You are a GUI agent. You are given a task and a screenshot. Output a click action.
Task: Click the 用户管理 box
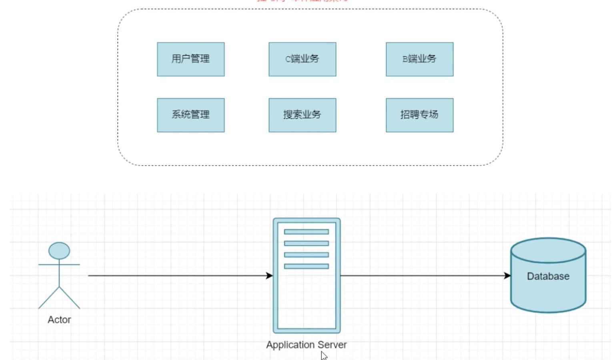(190, 59)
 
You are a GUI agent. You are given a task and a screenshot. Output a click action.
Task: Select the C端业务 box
(302, 59)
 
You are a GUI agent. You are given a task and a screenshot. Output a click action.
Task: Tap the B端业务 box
(419, 59)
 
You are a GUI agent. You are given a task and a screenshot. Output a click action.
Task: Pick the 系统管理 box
(190, 115)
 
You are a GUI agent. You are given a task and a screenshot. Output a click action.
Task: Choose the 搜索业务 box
(302, 115)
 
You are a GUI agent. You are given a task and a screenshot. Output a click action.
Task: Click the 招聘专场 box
(419, 115)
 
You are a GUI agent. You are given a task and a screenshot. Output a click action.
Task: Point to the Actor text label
(59, 320)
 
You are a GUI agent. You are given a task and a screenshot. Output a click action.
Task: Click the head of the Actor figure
(59, 251)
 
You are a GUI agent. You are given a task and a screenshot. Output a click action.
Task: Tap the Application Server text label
(306, 345)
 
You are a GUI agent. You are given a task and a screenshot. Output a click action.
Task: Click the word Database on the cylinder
(548, 276)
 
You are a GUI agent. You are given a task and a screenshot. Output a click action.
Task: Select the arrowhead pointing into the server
(270, 276)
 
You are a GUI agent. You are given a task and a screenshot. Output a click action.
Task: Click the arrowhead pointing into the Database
(507, 276)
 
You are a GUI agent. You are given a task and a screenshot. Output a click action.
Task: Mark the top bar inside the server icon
(306, 232)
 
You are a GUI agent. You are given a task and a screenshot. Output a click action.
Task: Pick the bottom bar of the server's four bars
(306, 266)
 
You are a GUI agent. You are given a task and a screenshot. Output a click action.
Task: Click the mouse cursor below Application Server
(324, 356)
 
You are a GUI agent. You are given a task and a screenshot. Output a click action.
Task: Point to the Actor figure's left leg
(49, 298)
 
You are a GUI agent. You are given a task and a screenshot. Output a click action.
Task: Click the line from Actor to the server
(176, 276)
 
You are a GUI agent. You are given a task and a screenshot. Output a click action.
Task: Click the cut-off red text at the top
(302, 1)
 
